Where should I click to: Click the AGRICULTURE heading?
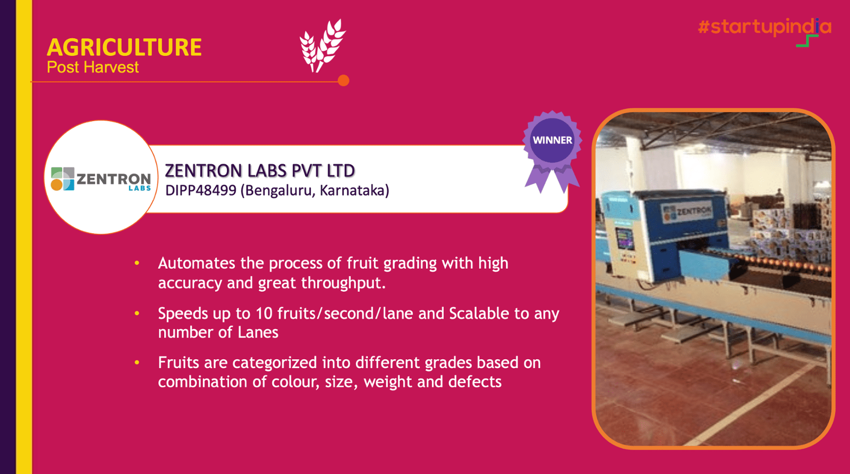click(124, 47)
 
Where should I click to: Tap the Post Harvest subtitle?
click(92, 67)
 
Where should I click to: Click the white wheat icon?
click(322, 46)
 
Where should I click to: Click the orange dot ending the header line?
click(343, 80)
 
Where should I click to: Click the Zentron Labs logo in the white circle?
click(101, 179)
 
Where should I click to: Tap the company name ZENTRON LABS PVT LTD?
click(260, 171)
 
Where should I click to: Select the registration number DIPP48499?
click(201, 191)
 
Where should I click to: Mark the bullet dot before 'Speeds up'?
click(137, 313)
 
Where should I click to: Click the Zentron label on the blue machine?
click(687, 213)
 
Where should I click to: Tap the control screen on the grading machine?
click(624, 238)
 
